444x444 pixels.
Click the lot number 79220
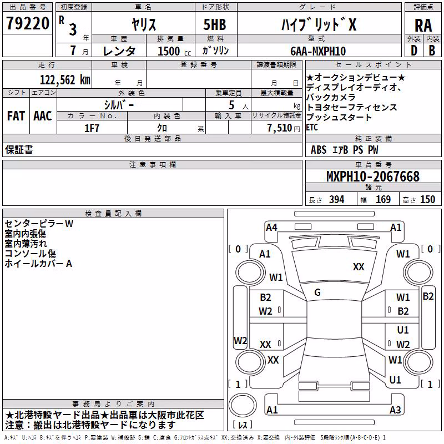pyautogui.click(x=28, y=23)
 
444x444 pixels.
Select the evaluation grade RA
pyautogui.click(x=423, y=26)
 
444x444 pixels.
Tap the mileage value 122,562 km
pyautogui.click(x=65, y=80)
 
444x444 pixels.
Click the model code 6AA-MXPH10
pyautogui.click(x=318, y=51)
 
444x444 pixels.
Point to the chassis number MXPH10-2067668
pyautogui.click(x=373, y=176)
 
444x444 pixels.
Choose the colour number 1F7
pyautogui.click(x=92, y=128)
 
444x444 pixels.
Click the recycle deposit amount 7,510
pyautogui.click(x=280, y=128)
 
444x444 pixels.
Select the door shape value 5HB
pyautogui.click(x=215, y=24)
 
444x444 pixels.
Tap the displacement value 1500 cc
pyautogui.click(x=174, y=51)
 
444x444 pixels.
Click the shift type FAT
pyautogui.click(x=16, y=116)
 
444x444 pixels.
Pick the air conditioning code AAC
pyautogui.click(x=43, y=116)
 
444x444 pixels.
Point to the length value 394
pyautogui.click(x=337, y=200)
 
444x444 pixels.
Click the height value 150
pyautogui.click(x=427, y=200)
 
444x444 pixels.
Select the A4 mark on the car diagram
pyautogui.click(x=271, y=228)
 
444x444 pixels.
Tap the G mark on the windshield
pyautogui.click(x=317, y=292)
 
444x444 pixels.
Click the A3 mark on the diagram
pyautogui.click(x=395, y=410)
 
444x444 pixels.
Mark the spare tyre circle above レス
pyautogui.click(x=243, y=405)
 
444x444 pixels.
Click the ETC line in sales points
pyautogui.click(x=312, y=128)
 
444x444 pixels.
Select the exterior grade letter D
pyautogui.click(x=414, y=51)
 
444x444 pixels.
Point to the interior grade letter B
pyautogui.click(x=432, y=51)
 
